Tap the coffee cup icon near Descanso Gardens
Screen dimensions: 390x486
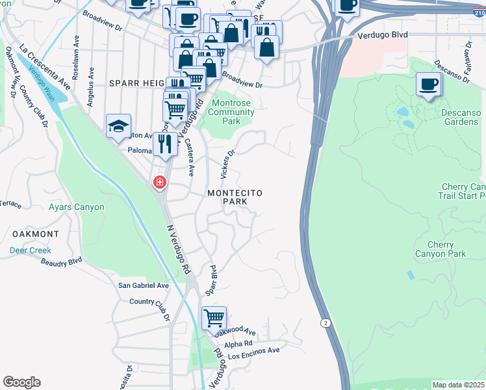[x=429, y=84]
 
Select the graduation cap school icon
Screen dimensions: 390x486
[x=119, y=126]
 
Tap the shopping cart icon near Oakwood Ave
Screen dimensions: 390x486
[x=214, y=318]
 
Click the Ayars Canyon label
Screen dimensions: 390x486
[x=77, y=207]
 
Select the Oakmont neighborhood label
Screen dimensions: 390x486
[x=35, y=233]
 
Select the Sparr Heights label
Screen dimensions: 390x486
[x=136, y=83]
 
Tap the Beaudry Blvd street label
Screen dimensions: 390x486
[x=62, y=261]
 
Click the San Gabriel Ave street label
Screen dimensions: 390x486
[x=143, y=285]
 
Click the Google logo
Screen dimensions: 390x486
[x=21, y=382]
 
